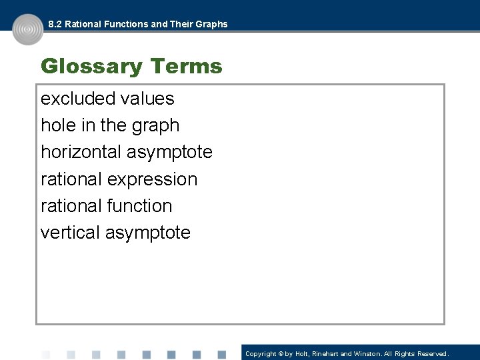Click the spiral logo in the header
tap(27, 30)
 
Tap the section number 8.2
tap(55, 24)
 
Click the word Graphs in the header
tap(211, 24)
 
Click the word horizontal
tap(81, 152)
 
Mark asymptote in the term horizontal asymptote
tap(169, 153)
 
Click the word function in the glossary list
tap(139, 206)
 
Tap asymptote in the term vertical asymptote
tap(149, 233)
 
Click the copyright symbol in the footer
tap(281, 354)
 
